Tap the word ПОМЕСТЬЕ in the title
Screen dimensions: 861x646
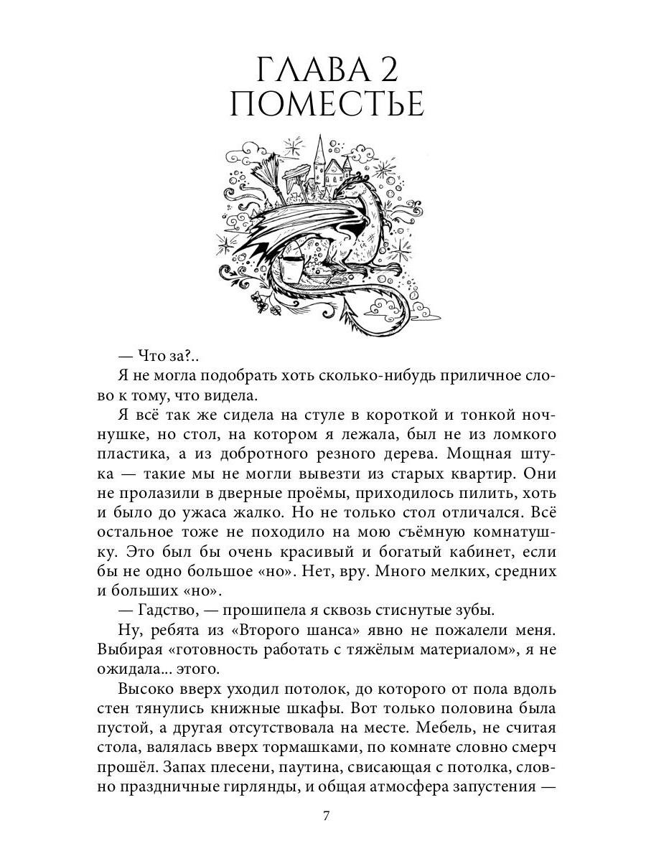[327, 105]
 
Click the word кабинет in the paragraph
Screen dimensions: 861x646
[490, 552]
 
